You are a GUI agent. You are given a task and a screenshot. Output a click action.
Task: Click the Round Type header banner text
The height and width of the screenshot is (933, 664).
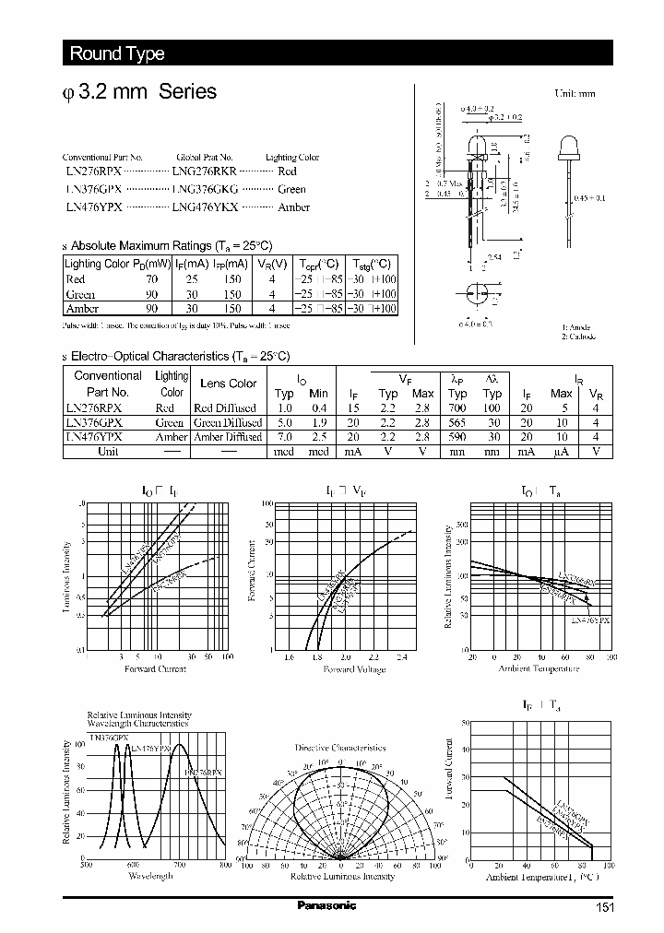pyautogui.click(x=117, y=53)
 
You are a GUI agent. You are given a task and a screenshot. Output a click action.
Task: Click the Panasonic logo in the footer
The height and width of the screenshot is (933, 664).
pyautogui.click(x=326, y=905)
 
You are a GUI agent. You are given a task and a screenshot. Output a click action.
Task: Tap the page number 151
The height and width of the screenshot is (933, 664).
pyautogui.click(x=604, y=907)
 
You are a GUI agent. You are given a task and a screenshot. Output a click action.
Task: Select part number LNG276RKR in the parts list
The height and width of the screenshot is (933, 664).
pyautogui.click(x=205, y=171)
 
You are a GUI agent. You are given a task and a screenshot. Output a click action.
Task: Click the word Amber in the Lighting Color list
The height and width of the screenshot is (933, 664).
pyautogui.click(x=294, y=207)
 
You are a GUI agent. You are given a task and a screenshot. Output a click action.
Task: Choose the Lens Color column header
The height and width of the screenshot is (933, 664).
pyautogui.click(x=229, y=384)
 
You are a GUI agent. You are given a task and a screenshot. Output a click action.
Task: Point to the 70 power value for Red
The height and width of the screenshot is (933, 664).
pyautogui.click(x=151, y=278)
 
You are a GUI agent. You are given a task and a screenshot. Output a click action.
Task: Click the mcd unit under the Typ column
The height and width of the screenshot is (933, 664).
pyautogui.click(x=283, y=452)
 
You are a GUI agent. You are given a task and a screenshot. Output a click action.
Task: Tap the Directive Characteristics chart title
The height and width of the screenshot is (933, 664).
pyautogui.click(x=340, y=748)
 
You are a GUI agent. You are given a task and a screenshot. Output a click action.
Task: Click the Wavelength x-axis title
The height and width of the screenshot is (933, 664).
pyautogui.click(x=150, y=876)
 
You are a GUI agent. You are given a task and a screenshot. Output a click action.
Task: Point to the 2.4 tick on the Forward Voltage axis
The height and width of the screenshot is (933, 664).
pyautogui.click(x=401, y=657)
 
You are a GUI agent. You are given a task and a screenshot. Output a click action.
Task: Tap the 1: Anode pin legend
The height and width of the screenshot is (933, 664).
pyautogui.click(x=578, y=327)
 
